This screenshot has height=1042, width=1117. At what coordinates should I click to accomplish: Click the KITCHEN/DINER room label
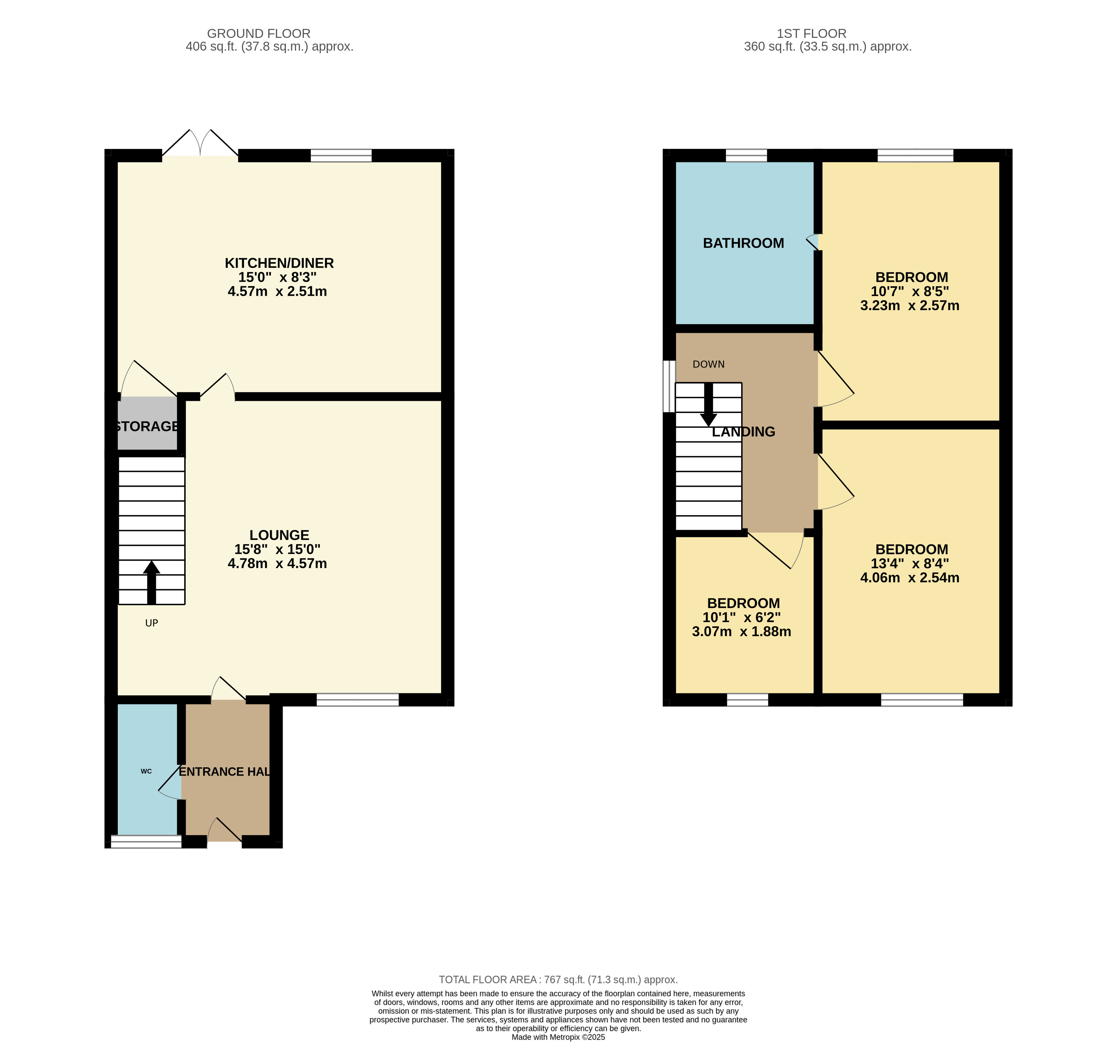[x=279, y=263]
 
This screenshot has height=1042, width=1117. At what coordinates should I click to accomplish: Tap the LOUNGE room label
[x=279, y=535]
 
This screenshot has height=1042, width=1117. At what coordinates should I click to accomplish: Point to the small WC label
[x=146, y=771]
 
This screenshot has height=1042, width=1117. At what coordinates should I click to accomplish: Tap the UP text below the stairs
[x=152, y=623]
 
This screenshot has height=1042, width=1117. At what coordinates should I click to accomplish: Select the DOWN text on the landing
[x=709, y=365]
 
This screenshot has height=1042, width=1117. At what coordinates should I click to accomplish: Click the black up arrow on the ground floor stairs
[x=151, y=583]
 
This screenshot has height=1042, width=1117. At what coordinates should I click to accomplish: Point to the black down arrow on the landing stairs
[x=709, y=404]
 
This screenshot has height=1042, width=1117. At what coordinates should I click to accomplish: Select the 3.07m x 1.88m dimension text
[x=742, y=631]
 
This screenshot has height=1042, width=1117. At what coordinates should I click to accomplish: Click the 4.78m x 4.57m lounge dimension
[x=277, y=564]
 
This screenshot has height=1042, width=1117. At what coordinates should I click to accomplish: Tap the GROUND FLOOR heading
[x=258, y=34]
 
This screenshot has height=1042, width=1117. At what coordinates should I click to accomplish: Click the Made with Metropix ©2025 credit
[x=559, y=1037]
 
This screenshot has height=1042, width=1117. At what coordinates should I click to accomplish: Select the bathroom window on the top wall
[x=746, y=156]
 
